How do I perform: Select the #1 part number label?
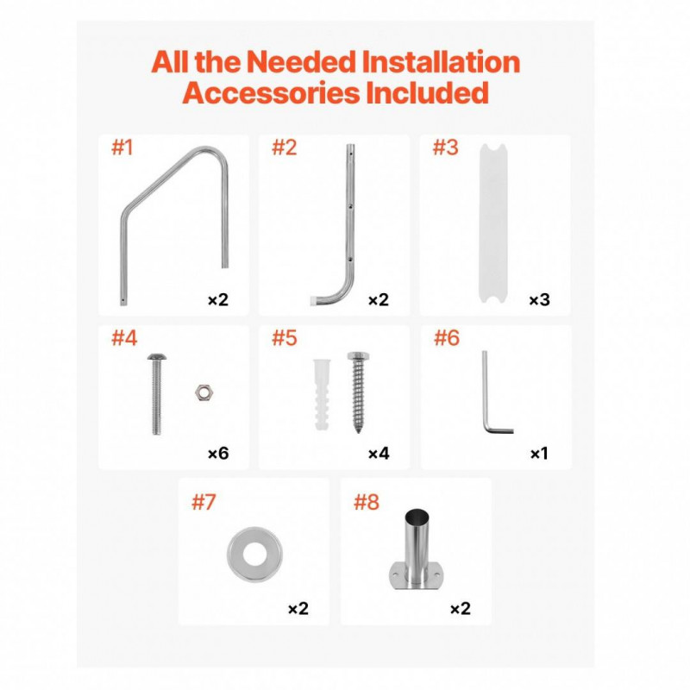click(122, 147)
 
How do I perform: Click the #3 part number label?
click(445, 147)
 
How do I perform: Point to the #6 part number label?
click(447, 338)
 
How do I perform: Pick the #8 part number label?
click(366, 502)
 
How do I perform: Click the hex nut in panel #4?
click(204, 392)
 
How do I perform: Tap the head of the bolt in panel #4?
click(157, 357)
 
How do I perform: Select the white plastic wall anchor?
click(322, 394)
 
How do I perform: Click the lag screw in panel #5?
click(358, 392)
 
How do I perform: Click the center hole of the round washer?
click(254, 555)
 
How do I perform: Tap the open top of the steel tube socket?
click(417, 515)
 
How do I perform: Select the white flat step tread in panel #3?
click(492, 223)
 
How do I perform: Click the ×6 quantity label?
click(218, 454)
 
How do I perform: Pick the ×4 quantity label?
click(379, 454)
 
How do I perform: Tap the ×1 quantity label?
click(539, 454)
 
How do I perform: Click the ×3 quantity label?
click(539, 299)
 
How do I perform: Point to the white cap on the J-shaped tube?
click(314, 300)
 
